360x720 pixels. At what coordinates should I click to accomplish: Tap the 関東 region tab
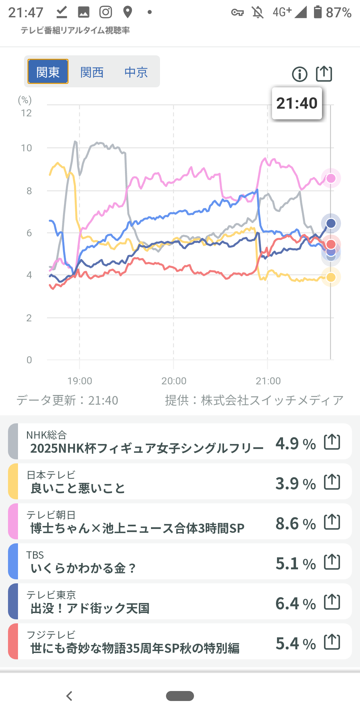[48, 72]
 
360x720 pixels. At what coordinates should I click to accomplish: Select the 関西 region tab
[92, 72]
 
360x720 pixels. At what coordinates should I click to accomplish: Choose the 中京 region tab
[136, 72]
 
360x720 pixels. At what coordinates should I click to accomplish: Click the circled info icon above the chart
[300, 74]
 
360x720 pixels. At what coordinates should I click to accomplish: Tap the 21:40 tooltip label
[297, 103]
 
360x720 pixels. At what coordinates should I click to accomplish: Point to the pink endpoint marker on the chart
[331, 178]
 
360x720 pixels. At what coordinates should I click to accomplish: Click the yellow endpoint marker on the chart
[331, 277]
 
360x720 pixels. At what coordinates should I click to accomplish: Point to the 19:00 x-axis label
[80, 381]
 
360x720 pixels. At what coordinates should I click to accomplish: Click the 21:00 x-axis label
[268, 381]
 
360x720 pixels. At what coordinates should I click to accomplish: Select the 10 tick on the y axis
[27, 148]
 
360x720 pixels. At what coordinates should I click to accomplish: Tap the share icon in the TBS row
[332, 562]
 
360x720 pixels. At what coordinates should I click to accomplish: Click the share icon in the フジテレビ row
[332, 642]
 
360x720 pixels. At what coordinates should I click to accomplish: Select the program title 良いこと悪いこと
[78, 488]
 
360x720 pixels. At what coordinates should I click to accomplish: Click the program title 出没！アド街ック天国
[90, 608]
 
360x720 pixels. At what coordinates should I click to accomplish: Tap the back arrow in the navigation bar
[69, 696]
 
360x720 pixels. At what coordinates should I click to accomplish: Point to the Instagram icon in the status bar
[106, 12]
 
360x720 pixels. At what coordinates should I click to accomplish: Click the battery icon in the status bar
[318, 12]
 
